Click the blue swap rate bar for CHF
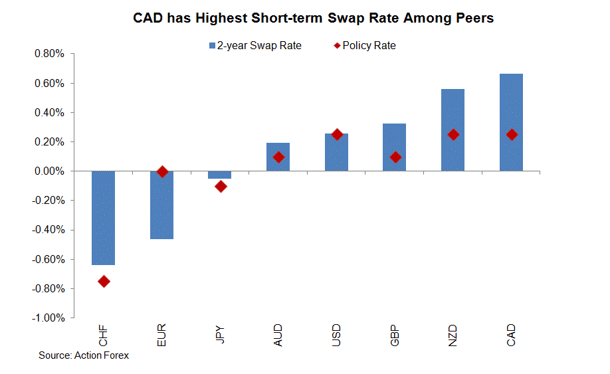click(x=103, y=218)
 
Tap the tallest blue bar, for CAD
click(x=511, y=122)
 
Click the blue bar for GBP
click(x=394, y=147)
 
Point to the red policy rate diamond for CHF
click(x=104, y=282)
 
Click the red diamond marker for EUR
click(x=161, y=171)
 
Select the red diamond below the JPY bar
click(x=220, y=187)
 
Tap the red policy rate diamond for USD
click(x=337, y=134)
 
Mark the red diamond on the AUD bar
click(x=278, y=157)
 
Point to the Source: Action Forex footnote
click(x=84, y=355)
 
